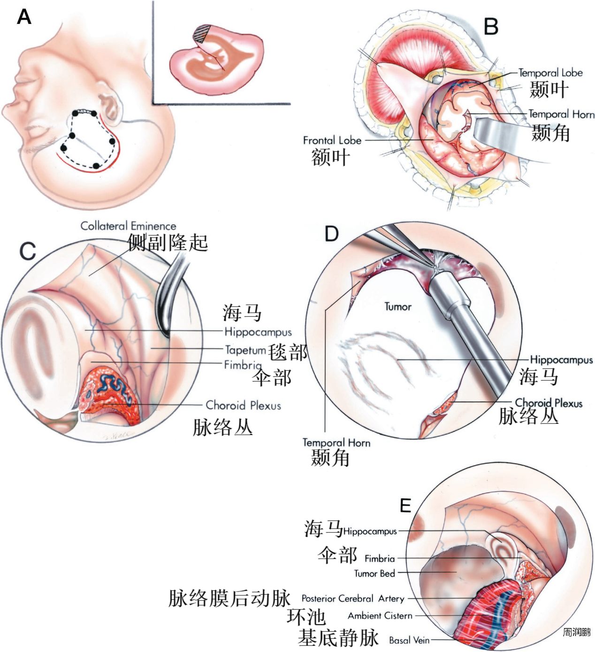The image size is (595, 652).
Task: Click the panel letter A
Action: point(24,17)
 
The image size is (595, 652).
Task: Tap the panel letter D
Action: point(332,233)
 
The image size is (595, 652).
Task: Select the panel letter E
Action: point(405,505)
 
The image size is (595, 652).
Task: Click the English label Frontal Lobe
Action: point(332,140)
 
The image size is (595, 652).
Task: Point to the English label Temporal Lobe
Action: point(550,73)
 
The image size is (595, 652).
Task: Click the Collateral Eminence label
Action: point(128,226)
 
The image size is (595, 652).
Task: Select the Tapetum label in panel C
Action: point(245,350)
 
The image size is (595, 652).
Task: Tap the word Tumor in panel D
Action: point(398,307)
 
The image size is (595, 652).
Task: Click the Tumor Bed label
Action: point(374,574)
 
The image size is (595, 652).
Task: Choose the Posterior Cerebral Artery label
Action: point(353,598)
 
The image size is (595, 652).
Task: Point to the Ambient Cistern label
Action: point(380,615)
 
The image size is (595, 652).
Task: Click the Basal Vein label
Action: point(409,640)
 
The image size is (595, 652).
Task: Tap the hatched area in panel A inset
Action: point(202,34)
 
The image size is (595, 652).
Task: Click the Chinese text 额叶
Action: point(331,157)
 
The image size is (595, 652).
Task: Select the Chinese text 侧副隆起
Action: point(168,243)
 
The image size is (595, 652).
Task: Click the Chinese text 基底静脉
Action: point(338,638)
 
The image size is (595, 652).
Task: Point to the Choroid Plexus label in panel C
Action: point(243,405)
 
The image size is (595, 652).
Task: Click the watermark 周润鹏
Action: point(577,632)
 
